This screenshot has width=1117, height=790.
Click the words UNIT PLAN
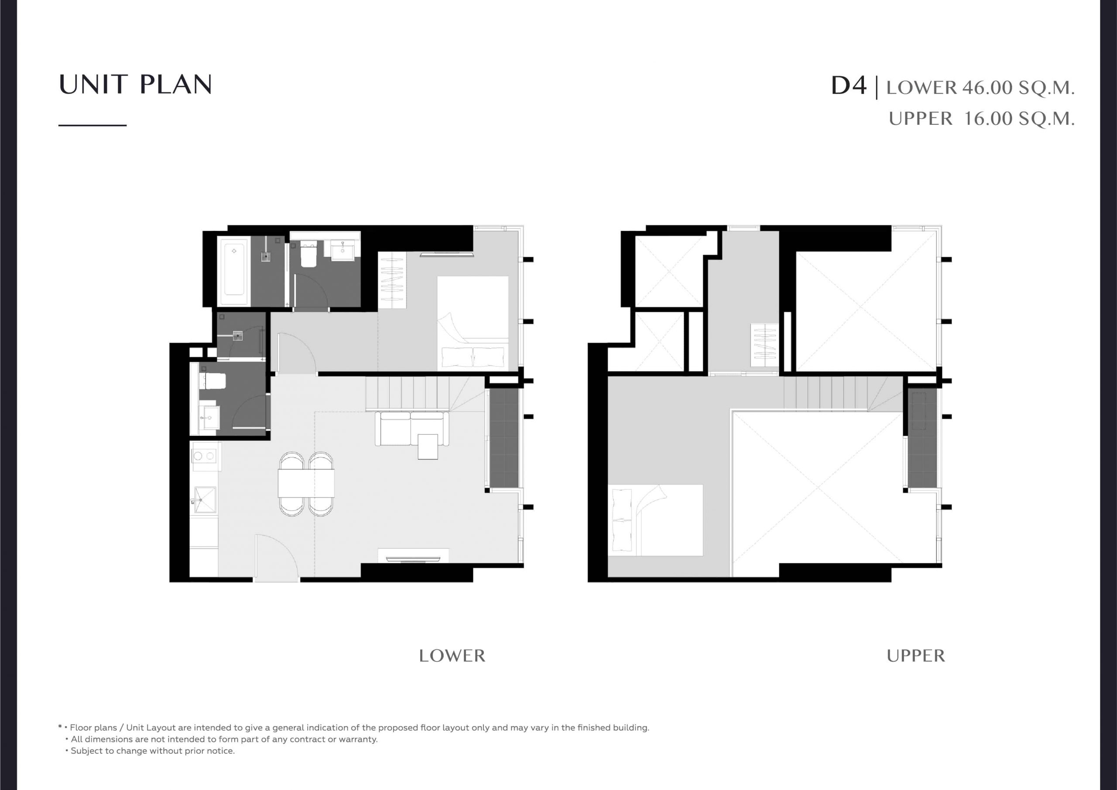tap(135, 85)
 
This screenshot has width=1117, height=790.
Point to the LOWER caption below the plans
tap(452, 656)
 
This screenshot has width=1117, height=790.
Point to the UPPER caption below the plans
tap(915, 656)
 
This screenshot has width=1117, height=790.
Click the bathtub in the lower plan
tap(234, 271)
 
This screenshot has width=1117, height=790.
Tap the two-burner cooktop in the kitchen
tap(206, 456)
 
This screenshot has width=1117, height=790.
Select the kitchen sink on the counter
tap(205, 500)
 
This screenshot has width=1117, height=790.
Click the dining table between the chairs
tap(306, 483)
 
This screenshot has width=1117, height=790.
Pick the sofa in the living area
tap(412, 428)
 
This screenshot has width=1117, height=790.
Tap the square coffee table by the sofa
tap(428, 446)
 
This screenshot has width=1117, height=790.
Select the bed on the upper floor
tap(655, 520)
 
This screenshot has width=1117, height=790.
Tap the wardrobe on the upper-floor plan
tap(764, 345)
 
